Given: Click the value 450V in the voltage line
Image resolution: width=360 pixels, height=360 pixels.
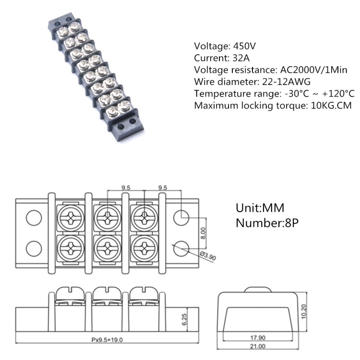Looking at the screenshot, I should tap(244, 47).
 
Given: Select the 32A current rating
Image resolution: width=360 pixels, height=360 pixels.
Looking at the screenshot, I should tap(237, 59).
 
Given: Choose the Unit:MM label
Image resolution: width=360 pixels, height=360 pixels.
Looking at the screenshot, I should tap(260, 208).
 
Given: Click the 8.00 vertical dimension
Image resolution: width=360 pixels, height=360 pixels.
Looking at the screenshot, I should tap(203, 233).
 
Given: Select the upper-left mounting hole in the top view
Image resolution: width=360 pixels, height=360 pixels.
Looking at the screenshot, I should tap(33, 218).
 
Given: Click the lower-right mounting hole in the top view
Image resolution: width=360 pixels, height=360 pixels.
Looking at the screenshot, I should tap(182, 248).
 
